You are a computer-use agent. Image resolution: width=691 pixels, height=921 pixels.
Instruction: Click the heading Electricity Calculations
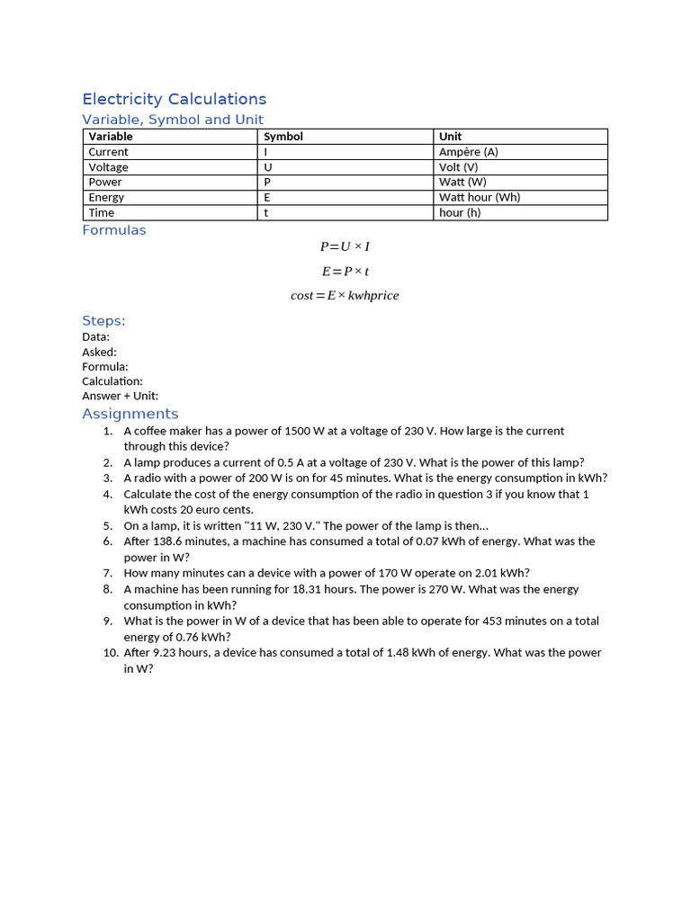pyautogui.click(x=174, y=99)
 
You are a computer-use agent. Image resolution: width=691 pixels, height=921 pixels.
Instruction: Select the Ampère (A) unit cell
pyautogui.click(x=468, y=152)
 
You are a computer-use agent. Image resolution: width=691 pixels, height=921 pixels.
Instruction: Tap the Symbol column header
pyautogui.click(x=283, y=137)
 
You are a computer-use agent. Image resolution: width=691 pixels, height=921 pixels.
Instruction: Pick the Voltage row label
pyautogui.click(x=108, y=167)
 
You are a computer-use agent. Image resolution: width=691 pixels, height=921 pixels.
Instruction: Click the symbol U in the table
pyautogui.click(x=267, y=167)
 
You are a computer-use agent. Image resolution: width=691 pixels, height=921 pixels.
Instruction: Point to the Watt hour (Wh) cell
pyautogui.click(x=479, y=197)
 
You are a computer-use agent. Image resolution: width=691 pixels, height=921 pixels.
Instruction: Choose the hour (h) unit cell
pyautogui.click(x=460, y=212)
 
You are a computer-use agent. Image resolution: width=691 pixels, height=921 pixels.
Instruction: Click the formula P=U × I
pyautogui.click(x=345, y=246)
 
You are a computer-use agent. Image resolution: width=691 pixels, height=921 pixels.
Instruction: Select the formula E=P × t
pyautogui.click(x=345, y=271)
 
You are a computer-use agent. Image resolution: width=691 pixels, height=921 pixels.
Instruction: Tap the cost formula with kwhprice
pyautogui.click(x=345, y=295)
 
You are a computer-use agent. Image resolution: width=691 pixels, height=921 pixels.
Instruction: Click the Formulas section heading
pyautogui.click(x=113, y=230)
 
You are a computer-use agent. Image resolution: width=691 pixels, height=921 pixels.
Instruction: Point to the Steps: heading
pyautogui.click(x=103, y=321)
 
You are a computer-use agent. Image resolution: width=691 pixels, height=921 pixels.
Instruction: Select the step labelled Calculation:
pyautogui.click(x=112, y=381)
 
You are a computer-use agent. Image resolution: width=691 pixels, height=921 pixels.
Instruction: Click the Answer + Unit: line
pyautogui.click(x=120, y=396)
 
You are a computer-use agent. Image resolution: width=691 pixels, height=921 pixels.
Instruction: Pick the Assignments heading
pyautogui.click(x=130, y=414)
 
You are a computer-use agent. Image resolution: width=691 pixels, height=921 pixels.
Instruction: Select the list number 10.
pyautogui.click(x=111, y=653)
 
